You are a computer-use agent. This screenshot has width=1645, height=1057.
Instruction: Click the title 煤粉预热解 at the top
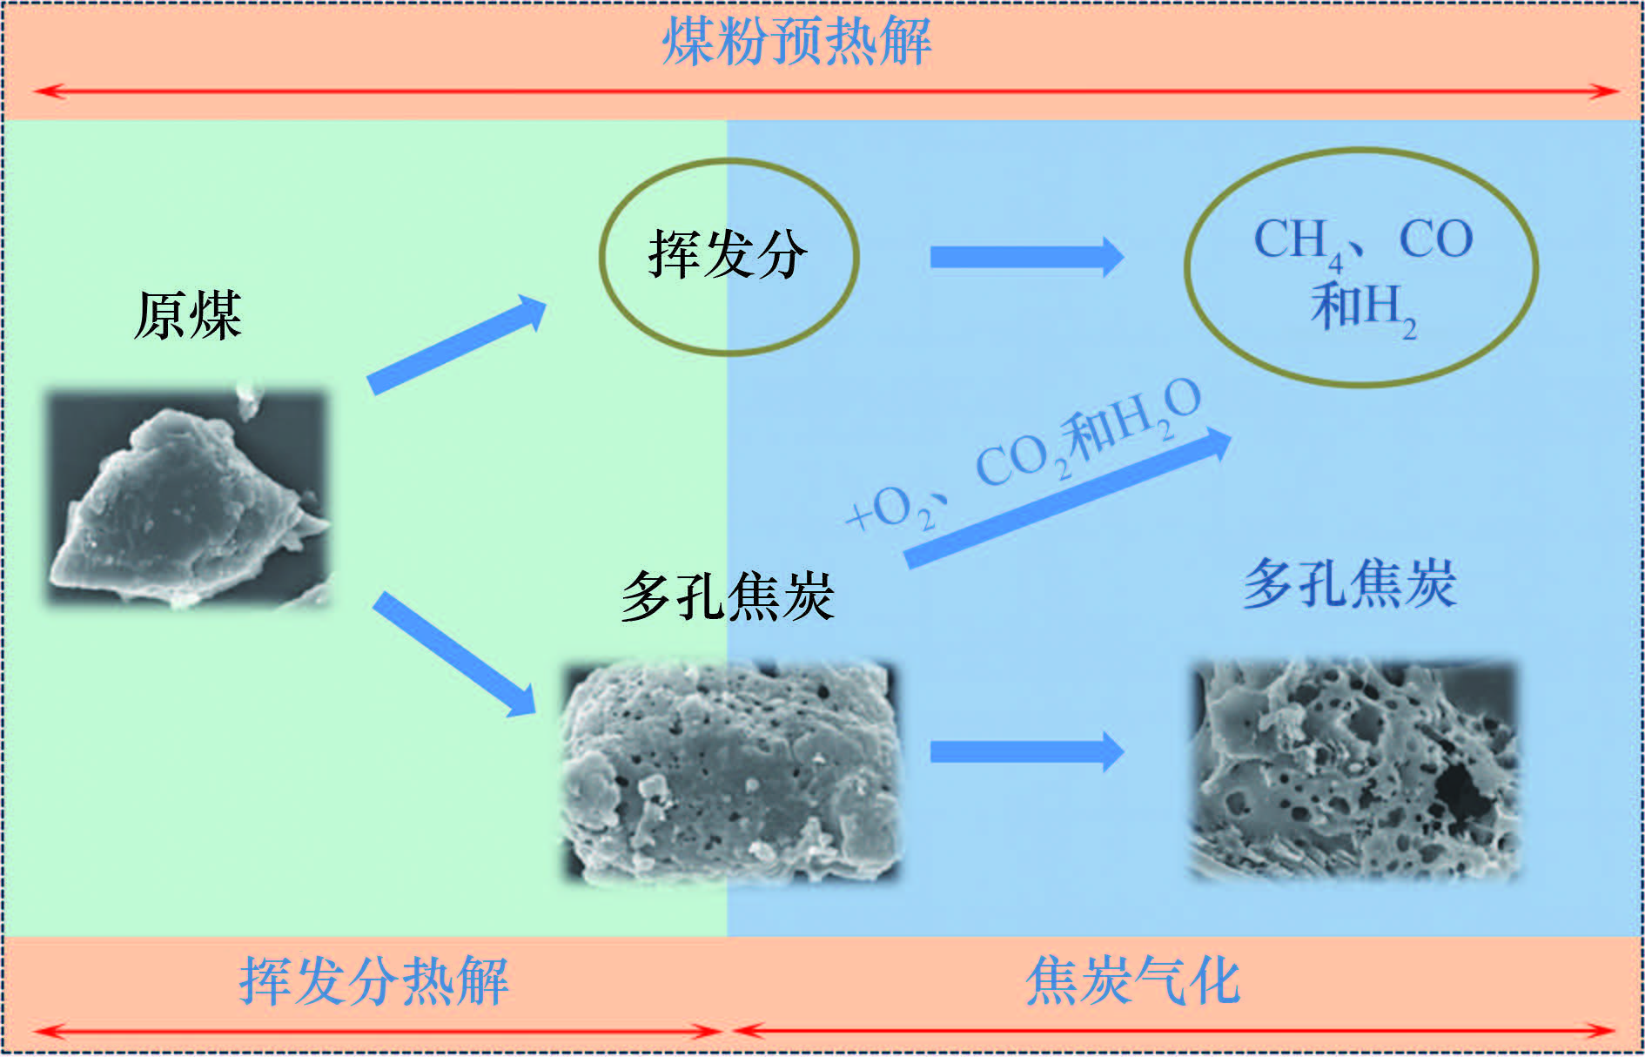pos(796,41)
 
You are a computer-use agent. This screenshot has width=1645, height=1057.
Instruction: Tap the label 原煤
pos(188,315)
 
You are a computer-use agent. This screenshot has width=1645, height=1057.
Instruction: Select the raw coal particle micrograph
pos(188,498)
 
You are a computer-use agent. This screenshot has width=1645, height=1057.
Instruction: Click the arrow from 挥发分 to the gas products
pos(1027,257)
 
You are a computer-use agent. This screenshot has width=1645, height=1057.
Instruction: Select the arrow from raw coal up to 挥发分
pos(456,345)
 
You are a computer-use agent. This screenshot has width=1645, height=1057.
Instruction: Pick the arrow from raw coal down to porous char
pos(454,654)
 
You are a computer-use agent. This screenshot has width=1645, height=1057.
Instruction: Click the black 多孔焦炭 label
pos(728,597)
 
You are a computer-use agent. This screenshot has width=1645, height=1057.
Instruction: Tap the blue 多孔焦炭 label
pos(1350,583)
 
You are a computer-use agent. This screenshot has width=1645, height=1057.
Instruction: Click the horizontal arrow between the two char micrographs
pos(1027,751)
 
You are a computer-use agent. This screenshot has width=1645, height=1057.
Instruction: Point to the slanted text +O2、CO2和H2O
pos(1024,454)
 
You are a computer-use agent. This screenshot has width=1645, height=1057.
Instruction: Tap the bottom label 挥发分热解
pos(374,981)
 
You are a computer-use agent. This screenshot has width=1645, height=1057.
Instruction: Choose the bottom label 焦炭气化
pos(1133,981)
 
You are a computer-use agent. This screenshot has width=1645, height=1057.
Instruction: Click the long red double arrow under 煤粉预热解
pos(825,91)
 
